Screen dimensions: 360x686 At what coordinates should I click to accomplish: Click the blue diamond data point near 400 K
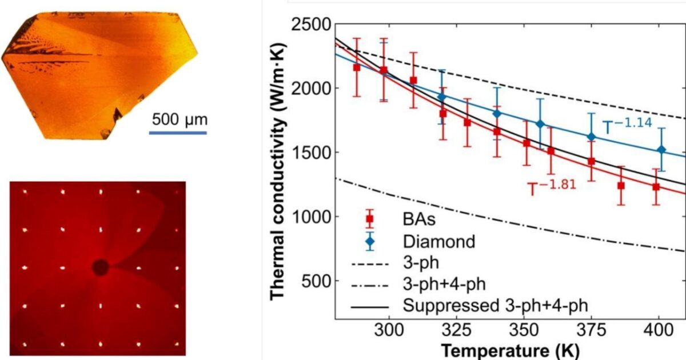661,150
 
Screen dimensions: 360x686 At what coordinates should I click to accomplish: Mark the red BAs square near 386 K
621,186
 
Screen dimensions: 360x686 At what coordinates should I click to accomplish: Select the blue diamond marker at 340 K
497,114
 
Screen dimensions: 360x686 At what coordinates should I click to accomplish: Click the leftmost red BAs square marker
357,67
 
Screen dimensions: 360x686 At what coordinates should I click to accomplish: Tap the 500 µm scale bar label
180,121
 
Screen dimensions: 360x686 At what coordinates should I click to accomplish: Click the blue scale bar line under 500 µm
178,133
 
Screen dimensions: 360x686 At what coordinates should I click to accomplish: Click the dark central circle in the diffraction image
101,267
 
